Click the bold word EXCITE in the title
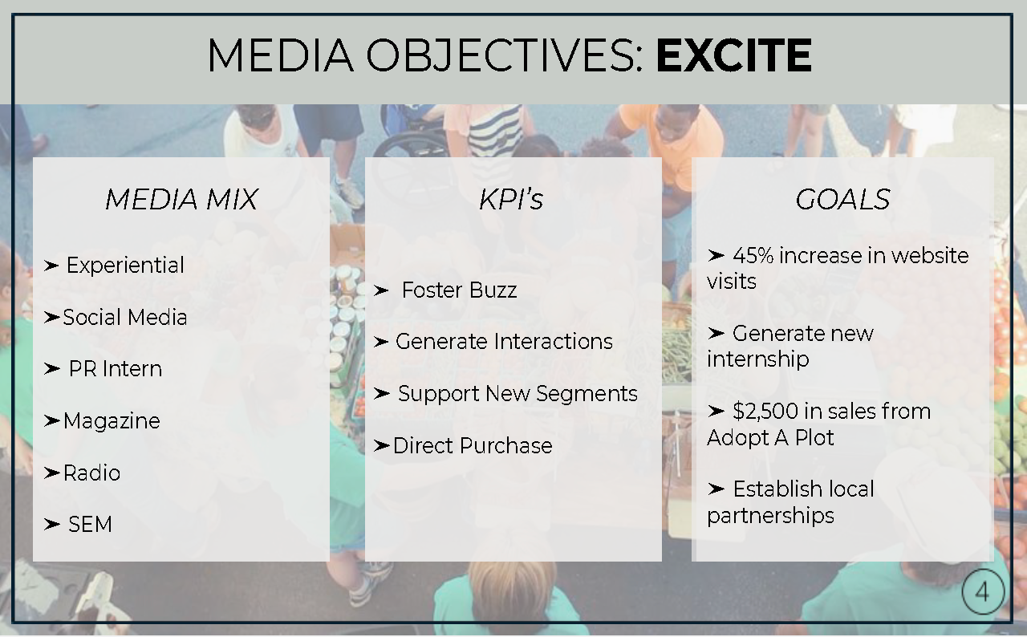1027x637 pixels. tap(734, 55)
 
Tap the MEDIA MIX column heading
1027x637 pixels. tap(181, 199)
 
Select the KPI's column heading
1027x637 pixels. tap(511, 199)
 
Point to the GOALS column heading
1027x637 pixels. tap(842, 199)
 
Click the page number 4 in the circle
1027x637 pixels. tap(982, 593)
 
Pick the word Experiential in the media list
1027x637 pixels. tap(125, 266)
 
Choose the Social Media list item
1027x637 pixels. tap(124, 317)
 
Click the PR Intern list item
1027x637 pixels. tap(115, 369)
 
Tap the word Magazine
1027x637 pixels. tap(112, 421)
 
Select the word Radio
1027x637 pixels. tap(91, 473)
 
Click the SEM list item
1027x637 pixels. tap(91, 525)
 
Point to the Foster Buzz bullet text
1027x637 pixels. tap(459, 290)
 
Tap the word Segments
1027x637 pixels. tap(587, 394)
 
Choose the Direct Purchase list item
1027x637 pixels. tap(473, 445)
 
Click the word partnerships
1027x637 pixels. tap(770, 516)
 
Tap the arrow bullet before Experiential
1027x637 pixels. tap(51, 266)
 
